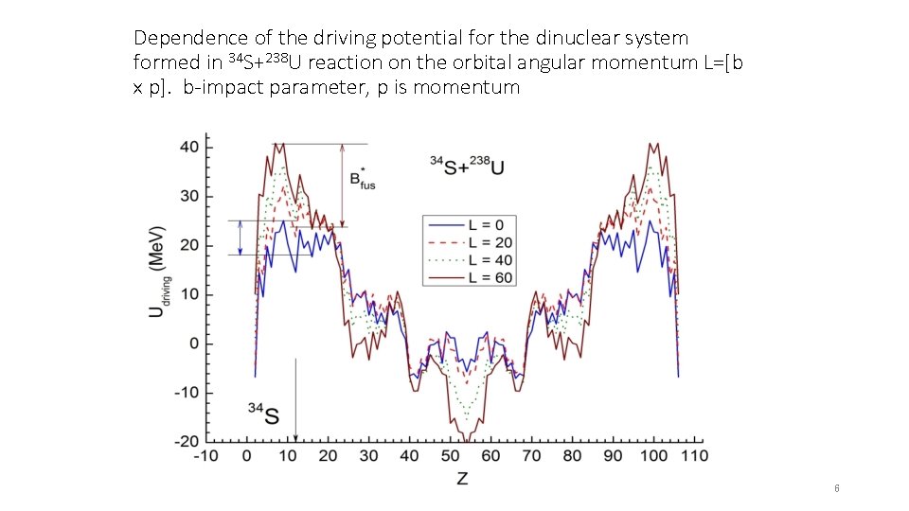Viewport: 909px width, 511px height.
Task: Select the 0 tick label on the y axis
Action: click(193, 344)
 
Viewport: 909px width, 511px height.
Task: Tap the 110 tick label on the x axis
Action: click(694, 456)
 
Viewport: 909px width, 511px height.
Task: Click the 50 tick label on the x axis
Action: click(450, 456)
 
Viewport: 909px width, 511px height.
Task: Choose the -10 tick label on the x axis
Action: click(205, 456)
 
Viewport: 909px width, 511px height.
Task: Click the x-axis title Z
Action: click(461, 479)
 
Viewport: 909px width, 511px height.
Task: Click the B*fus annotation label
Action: click(362, 179)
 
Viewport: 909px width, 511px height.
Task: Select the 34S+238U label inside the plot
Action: click(467, 166)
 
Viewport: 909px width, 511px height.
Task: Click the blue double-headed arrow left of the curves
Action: click(241, 238)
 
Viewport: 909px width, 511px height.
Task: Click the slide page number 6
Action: click(837, 488)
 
